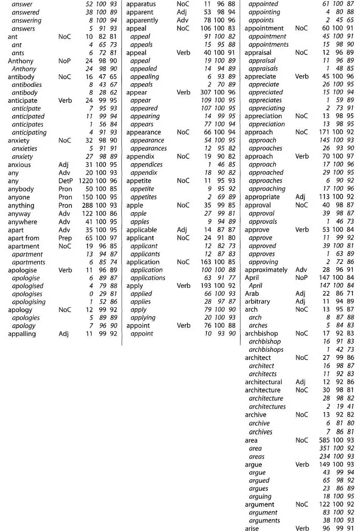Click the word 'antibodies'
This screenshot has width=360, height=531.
28,85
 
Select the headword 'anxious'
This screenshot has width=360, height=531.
20,165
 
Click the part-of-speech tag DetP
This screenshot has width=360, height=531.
66,181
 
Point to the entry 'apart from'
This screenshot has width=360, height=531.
23,238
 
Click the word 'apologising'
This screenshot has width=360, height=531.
30,302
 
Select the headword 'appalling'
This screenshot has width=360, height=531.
22,334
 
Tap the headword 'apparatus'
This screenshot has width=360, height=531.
141,4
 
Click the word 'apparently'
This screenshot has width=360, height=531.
142,20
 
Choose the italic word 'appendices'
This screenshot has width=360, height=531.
146,165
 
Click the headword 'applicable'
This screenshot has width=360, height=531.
142,230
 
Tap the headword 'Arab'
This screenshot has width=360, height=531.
252,294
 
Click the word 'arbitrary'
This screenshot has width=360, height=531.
257,302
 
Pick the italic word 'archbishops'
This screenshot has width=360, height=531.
266,350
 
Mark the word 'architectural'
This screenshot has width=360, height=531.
264,382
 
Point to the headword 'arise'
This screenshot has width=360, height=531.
253,528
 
